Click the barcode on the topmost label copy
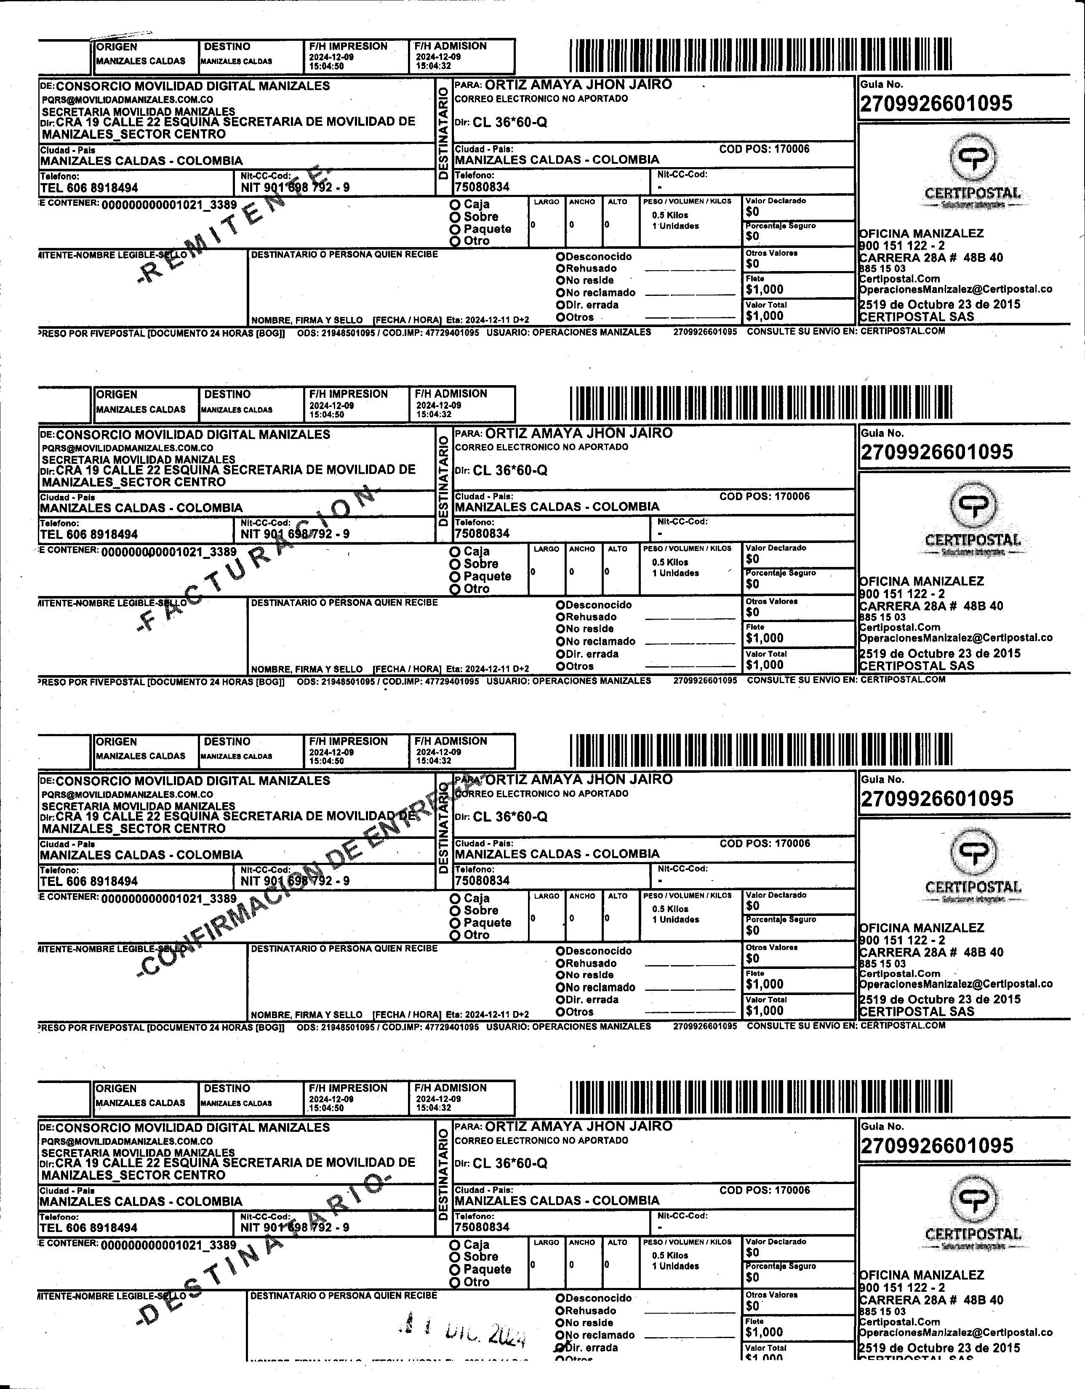click(x=761, y=55)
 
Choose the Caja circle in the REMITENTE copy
click(x=455, y=205)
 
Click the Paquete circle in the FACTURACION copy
click(x=455, y=577)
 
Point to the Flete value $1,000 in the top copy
click(x=765, y=290)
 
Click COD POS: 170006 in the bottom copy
click(x=765, y=1190)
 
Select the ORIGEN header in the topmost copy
click(x=116, y=46)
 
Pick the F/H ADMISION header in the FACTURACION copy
click(x=450, y=394)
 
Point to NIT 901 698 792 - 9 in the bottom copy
click(x=295, y=1227)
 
